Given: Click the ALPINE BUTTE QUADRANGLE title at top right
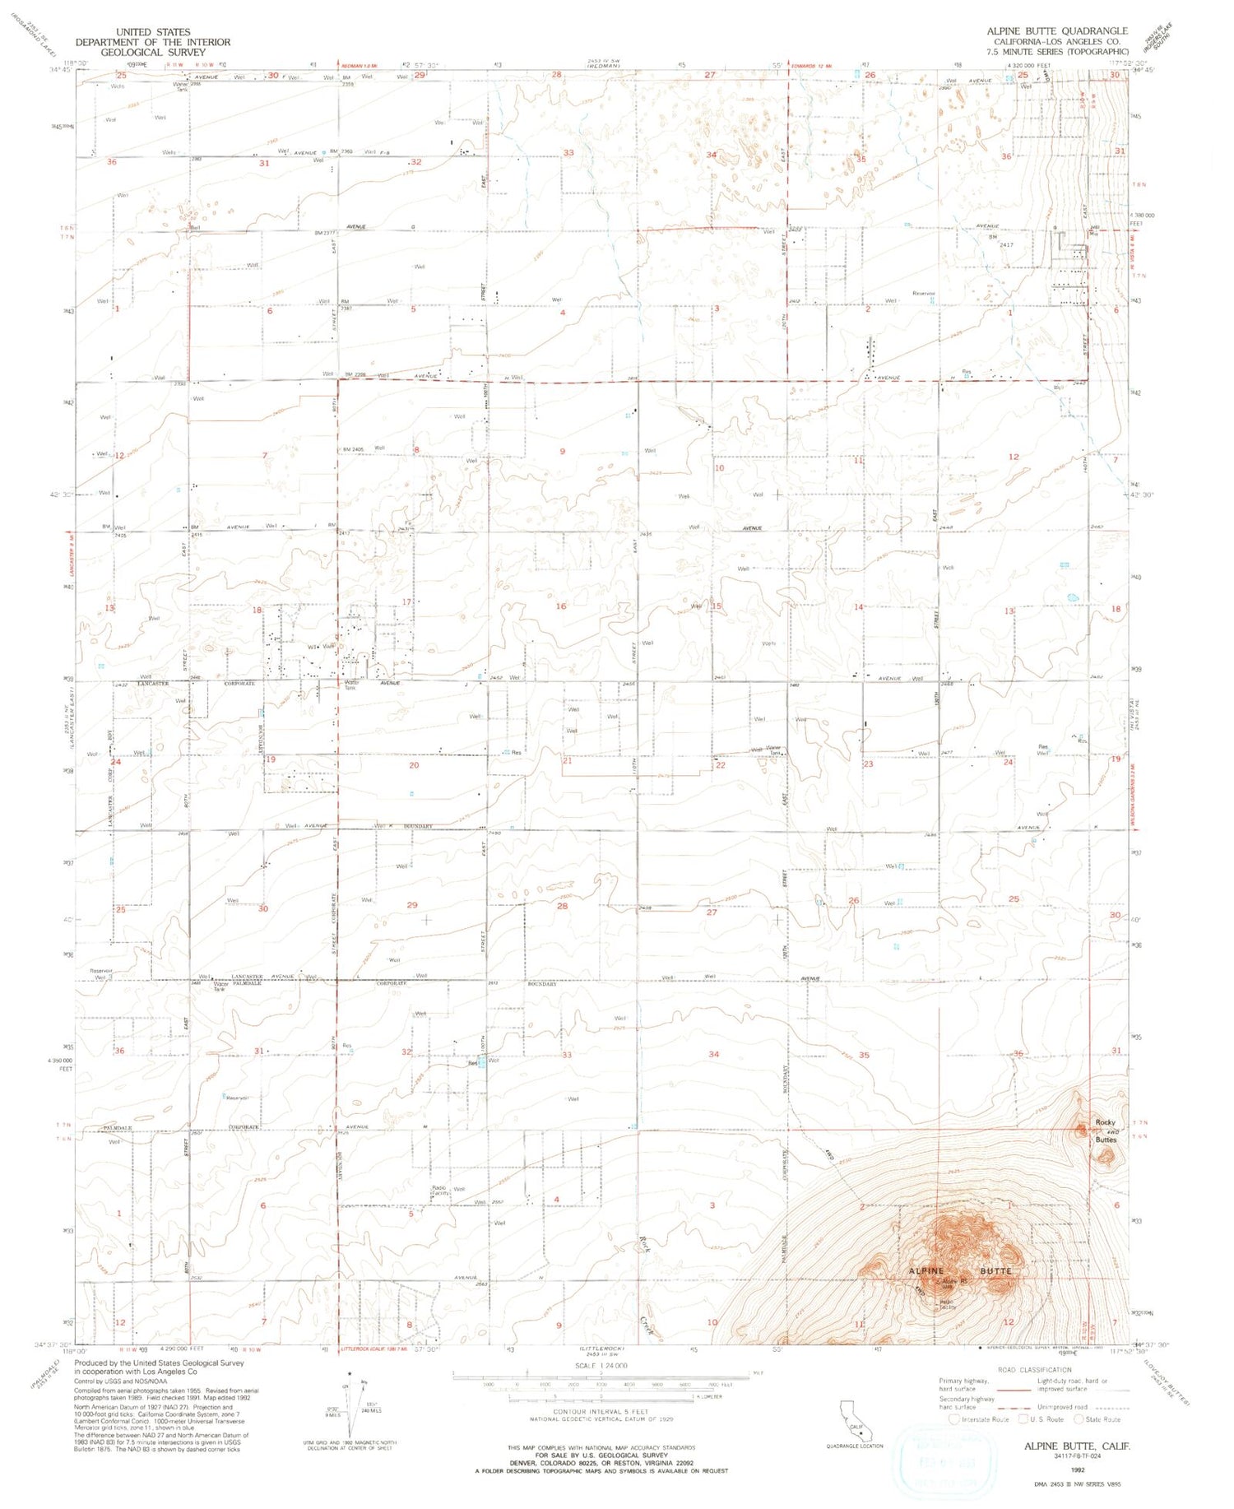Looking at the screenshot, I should [x=1057, y=30].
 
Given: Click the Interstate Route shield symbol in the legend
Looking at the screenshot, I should [x=954, y=1418].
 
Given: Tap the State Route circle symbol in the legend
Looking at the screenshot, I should [x=1079, y=1418].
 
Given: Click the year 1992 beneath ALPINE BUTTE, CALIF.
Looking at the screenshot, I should [x=1077, y=1467].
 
